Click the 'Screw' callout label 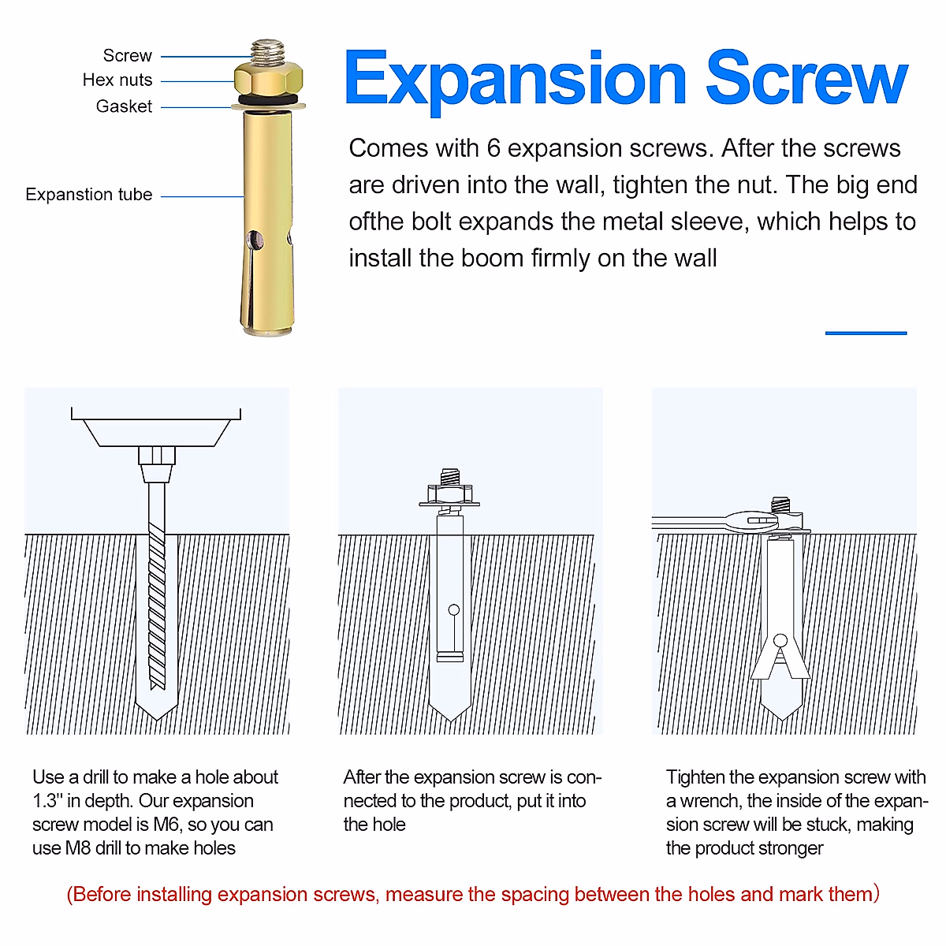click(127, 56)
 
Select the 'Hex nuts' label click(117, 80)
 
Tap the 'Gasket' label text click(124, 106)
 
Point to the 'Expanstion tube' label click(88, 195)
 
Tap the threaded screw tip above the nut click(269, 51)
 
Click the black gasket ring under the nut click(269, 100)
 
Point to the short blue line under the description click(866, 333)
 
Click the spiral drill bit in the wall click(157, 599)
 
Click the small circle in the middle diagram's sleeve click(453, 609)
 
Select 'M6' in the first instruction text click(168, 825)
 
